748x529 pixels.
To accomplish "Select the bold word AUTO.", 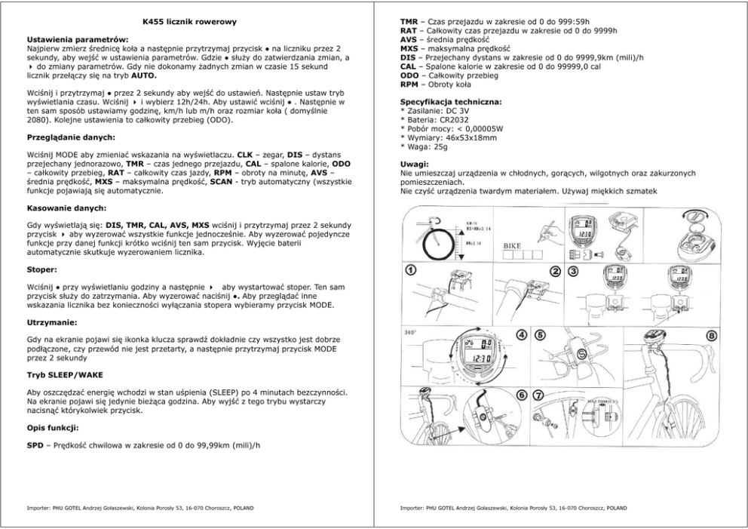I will coord(144,76).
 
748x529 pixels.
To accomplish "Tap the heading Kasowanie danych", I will coord(67,208).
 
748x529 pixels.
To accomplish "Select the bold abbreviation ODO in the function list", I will coord(409,76).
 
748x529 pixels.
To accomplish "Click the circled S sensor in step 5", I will coord(581,354).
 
